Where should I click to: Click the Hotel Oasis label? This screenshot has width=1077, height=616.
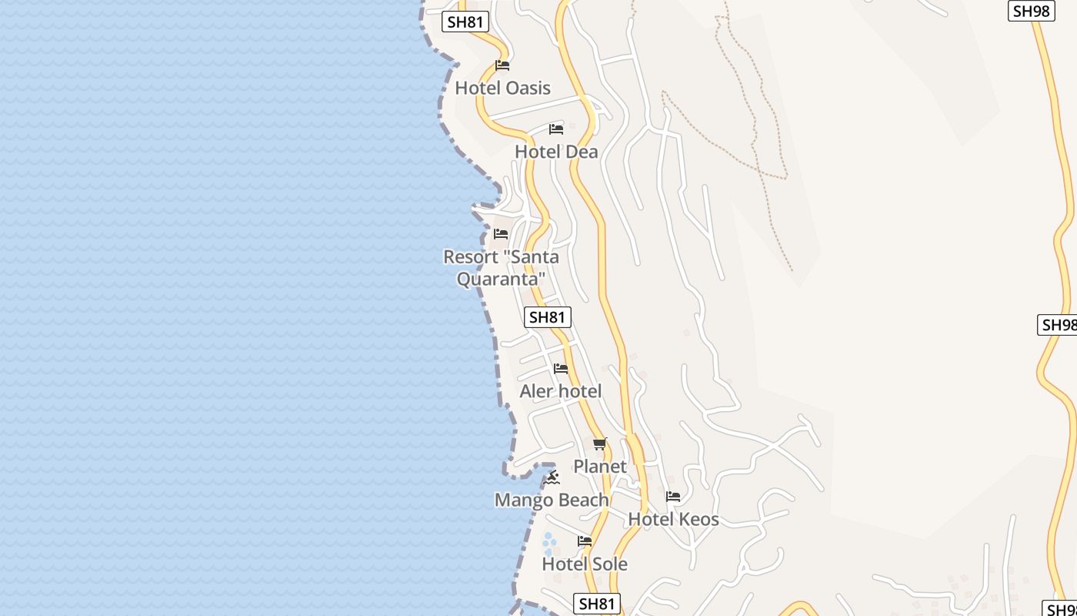tap(502, 88)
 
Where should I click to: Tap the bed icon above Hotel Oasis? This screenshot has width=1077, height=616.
tap(502, 65)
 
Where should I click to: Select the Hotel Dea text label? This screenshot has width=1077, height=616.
tap(556, 152)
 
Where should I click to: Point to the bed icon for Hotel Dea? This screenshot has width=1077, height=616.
tap(556, 129)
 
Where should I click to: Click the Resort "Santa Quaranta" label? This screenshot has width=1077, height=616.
tap(501, 267)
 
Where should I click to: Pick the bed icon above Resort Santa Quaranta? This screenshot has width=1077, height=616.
tap(501, 233)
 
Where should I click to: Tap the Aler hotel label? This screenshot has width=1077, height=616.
tap(561, 391)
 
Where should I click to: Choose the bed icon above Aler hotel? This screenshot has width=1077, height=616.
tap(561, 369)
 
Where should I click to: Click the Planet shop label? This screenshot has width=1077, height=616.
tap(600, 467)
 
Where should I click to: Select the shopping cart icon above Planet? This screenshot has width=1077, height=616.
tap(600, 444)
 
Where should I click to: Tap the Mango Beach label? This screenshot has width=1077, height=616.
tap(552, 500)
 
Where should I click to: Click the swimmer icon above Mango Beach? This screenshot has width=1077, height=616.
tap(552, 478)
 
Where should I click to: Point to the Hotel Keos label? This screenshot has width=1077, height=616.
tap(673, 520)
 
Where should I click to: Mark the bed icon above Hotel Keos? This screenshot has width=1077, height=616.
tap(673, 497)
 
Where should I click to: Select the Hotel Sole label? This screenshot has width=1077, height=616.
tap(585, 564)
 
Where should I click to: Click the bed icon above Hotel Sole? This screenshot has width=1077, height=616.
tap(585, 541)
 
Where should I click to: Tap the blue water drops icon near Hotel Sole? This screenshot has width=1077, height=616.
tap(549, 544)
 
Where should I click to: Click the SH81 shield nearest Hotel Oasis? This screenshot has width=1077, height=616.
tap(466, 22)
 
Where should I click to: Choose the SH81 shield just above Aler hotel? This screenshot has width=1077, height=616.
tap(548, 316)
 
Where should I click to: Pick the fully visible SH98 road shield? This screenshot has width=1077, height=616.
tap(1031, 11)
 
